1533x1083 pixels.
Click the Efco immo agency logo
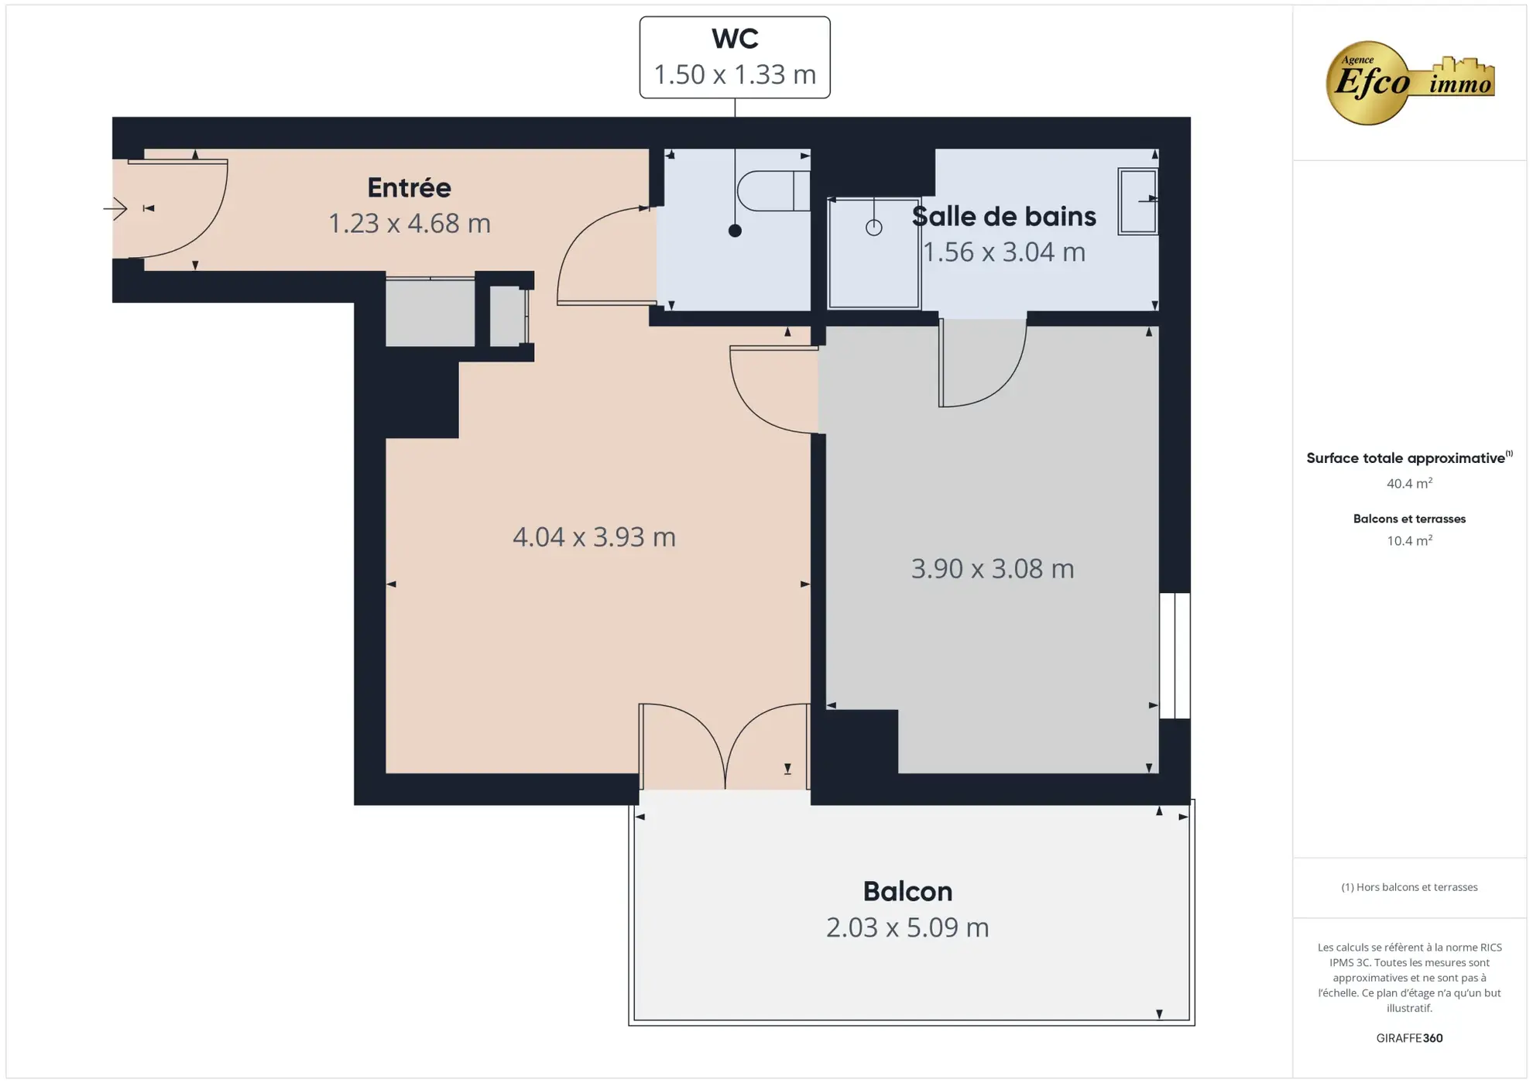1409,82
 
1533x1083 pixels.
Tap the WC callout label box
734,57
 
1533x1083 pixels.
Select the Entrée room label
409,187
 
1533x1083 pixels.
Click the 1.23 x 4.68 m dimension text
409,224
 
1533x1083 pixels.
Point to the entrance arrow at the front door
115,208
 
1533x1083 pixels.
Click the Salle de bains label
1003,217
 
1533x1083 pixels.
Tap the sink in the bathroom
1137,200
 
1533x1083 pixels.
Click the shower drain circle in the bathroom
873,228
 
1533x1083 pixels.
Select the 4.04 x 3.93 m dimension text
594,536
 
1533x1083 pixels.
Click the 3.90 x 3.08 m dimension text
992,569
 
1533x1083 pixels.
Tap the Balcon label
907,891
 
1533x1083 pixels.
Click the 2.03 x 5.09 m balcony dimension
907,927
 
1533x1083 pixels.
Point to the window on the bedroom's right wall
1174,656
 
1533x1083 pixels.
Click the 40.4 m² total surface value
1408,484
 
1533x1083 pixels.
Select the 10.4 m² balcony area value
1408,541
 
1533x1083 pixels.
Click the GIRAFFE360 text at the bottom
1408,1038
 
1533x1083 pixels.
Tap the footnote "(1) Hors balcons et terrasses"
1408,887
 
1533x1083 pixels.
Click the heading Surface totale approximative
1405,458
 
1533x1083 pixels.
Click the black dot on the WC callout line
735,231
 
